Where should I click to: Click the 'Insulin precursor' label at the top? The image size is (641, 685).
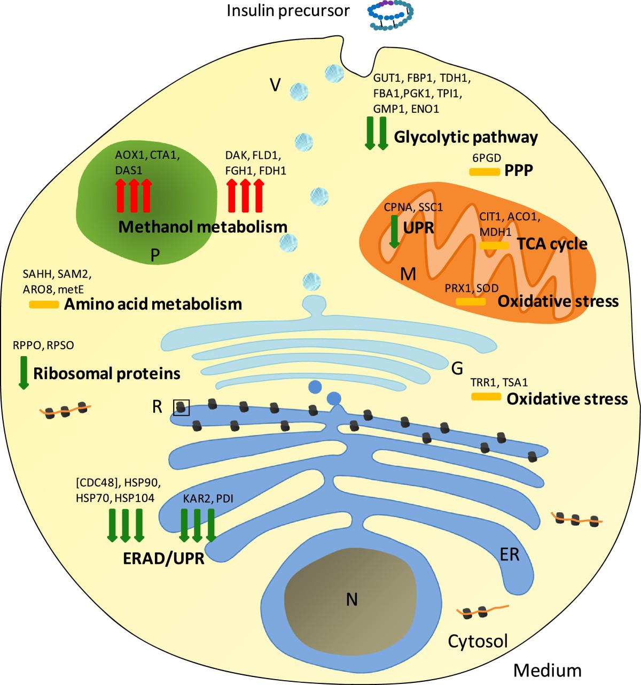[x=288, y=11]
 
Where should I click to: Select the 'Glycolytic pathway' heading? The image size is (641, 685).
[x=465, y=137]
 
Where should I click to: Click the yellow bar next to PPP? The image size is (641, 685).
[x=484, y=172]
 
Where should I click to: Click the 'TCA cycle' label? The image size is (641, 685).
[x=552, y=244]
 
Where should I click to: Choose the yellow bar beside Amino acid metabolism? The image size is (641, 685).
[x=44, y=304]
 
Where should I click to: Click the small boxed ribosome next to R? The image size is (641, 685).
[x=182, y=408]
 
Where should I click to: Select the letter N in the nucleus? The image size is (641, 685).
[x=351, y=599]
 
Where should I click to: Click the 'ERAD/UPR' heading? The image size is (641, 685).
[x=163, y=559]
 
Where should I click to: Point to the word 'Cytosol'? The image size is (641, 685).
[x=478, y=641]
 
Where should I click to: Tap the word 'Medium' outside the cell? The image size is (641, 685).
[x=547, y=670]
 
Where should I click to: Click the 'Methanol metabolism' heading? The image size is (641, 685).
[x=202, y=227]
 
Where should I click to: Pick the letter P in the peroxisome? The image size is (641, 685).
[x=155, y=256]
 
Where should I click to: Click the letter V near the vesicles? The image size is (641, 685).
[x=275, y=84]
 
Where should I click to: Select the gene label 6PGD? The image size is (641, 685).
[x=486, y=158]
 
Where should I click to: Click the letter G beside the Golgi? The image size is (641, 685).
[x=457, y=368]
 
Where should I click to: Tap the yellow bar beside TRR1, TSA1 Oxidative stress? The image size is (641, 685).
[x=486, y=397]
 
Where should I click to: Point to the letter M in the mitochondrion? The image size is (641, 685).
[x=408, y=274]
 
